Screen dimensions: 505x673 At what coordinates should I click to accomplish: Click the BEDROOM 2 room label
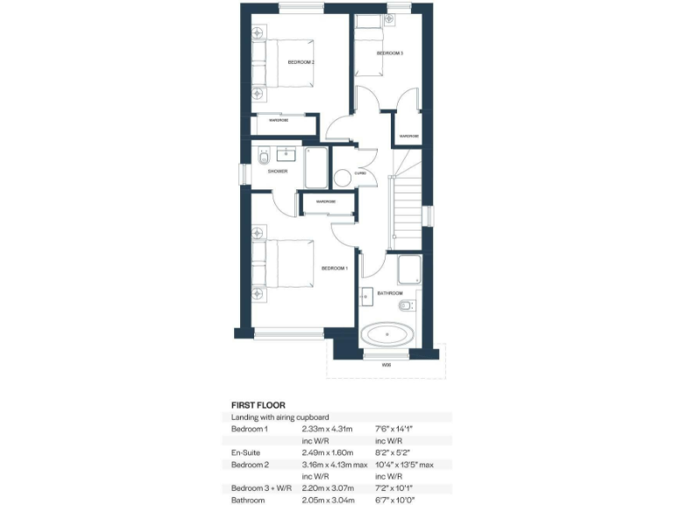(301, 62)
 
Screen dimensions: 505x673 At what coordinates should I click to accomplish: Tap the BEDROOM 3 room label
(390, 53)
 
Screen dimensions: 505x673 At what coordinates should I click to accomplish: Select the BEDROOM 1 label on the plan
(334, 267)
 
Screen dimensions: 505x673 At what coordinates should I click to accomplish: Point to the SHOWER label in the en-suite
(278, 171)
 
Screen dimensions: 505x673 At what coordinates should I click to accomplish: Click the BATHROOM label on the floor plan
(389, 293)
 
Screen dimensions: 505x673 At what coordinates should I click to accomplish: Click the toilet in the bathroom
(406, 306)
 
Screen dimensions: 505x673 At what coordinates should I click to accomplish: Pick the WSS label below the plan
(386, 363)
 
